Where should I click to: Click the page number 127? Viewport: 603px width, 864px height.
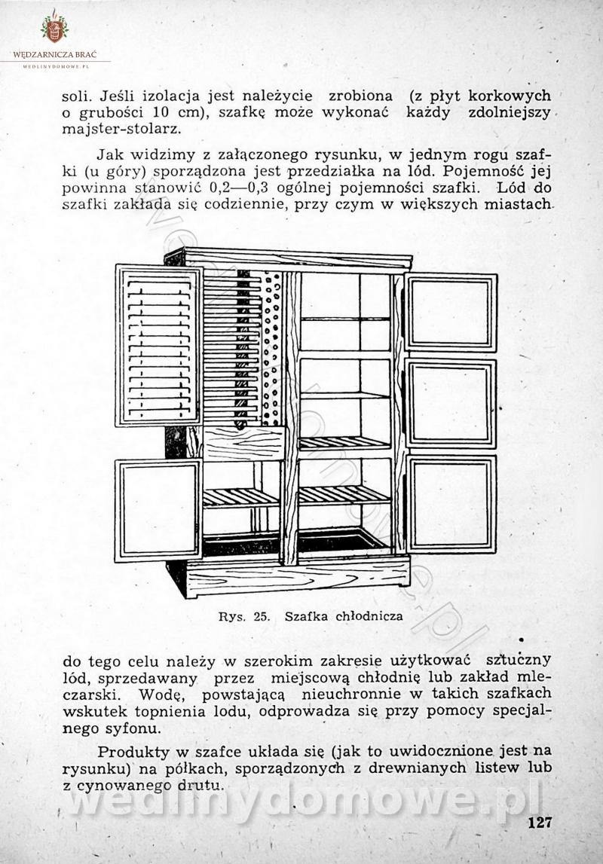(540, 822)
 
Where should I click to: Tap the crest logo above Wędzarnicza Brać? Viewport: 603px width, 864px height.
(54, 28)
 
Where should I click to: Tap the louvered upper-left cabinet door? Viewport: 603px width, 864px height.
(158, 345)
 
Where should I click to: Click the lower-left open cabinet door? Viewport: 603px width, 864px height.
(158, 510)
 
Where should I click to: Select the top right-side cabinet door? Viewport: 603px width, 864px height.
(451, 311)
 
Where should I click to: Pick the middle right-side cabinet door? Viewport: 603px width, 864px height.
(451, 402)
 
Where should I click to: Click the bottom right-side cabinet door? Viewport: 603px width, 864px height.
(451, 502)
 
